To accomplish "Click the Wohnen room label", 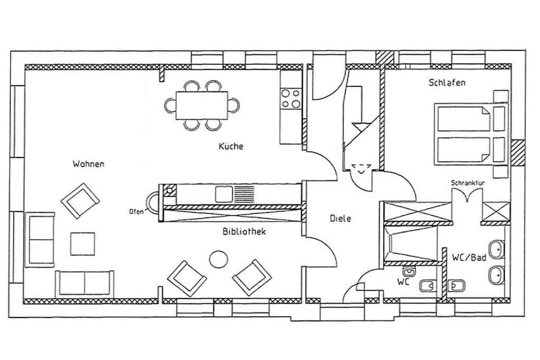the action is click(x=89, y=164).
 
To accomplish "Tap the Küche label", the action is click(x=231, y=146).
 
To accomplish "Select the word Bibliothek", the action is click(x=244, y=231).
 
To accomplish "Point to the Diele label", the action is click(x=340, y=218).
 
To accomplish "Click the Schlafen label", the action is click(x=447, y=83).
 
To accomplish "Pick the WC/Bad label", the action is click(x=469, y=258).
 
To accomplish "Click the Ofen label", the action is click(x=136, y=211).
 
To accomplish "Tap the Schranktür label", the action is click(x=468, y=183).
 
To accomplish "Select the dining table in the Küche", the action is click(x=202, y=105).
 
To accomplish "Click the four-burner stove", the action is click(x=291, y=99).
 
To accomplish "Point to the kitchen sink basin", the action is click(x=224, y=194).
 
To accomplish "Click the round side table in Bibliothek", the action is click(x=218, y=259).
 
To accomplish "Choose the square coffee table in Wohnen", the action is click(x=82, y=244).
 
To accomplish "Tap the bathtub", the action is click(x=410, y=244).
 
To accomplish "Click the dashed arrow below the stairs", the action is click(x=361, y=169).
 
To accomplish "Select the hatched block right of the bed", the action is click(x=518, y=153).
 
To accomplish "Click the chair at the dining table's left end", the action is click(x=170, y=105).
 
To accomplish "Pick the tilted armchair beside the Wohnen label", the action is click(x=80, y=201).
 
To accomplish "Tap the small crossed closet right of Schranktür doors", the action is click(x=496, y=211).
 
